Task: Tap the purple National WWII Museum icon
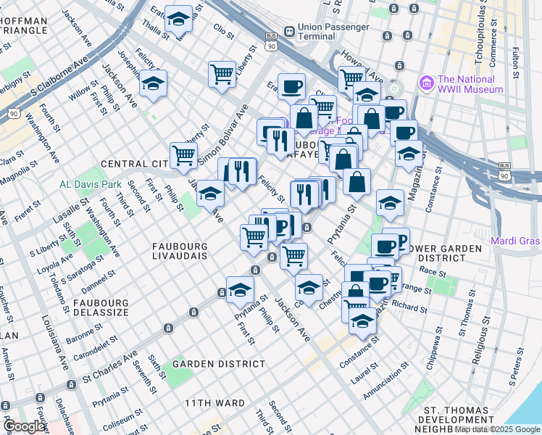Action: (x=425, y=83)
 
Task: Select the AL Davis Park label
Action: (x=91, y=184)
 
